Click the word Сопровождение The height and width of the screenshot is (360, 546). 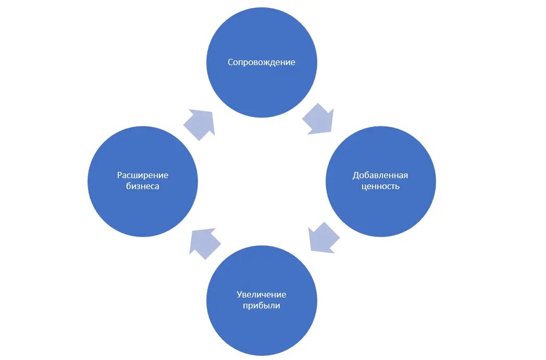point(262,63)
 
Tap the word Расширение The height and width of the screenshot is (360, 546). point(142,176)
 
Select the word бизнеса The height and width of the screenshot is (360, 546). point(142,187)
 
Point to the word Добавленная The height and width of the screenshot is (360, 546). point(380,175)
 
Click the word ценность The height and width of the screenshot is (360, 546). point(380,186)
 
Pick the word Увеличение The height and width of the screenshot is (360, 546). point(262,295)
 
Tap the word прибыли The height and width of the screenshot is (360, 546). point(262,306)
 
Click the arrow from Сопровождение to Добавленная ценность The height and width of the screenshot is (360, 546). point(318,119)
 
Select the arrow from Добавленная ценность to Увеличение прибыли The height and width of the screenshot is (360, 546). point(323,238)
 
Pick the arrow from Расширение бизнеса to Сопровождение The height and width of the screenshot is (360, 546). point(200,125)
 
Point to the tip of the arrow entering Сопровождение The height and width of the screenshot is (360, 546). point(212,111)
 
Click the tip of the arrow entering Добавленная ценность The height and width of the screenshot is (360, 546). point(331,132)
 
